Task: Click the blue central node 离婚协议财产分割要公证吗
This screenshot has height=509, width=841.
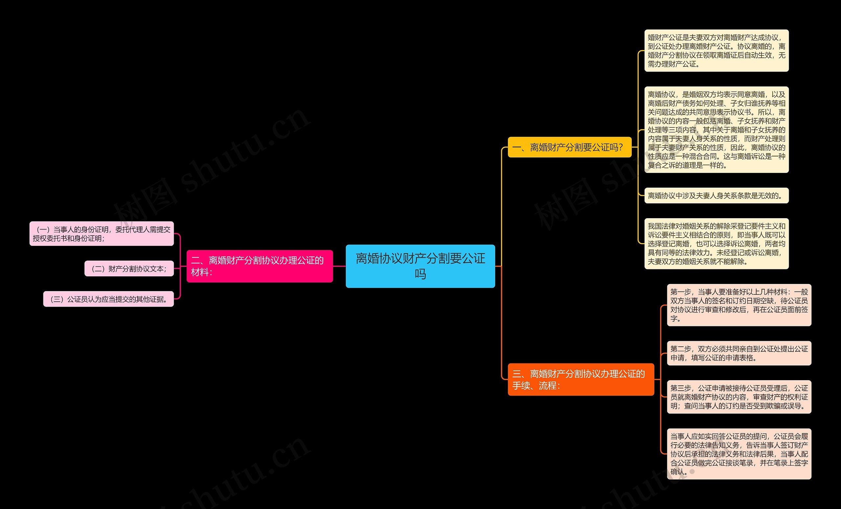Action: [x=420, y=266]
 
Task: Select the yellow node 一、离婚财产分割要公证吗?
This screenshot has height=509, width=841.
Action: [x=569, y=147]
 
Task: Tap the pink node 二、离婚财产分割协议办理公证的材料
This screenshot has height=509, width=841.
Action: [x=260, y=266]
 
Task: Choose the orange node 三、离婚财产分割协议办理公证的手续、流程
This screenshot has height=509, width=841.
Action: [x=580, y=379]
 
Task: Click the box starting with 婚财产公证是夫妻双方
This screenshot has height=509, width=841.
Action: [x=716, y=51]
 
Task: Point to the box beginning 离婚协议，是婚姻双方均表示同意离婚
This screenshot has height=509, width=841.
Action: [x=716, y=129]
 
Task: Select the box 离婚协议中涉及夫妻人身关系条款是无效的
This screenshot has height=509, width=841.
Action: [x=716, y=196]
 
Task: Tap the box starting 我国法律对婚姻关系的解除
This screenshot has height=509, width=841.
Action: [x=716, y=243]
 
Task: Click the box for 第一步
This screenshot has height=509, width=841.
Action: [x=739, y=305]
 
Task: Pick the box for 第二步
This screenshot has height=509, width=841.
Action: [x=739, y=353]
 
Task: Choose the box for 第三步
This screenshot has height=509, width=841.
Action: [x=739, y=397]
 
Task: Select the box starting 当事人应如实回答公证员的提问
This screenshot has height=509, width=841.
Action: [x=739, y=454]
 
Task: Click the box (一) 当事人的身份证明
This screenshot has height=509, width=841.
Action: [x=102, y=234]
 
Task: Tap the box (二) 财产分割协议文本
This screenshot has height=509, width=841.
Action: [x=129, y=269]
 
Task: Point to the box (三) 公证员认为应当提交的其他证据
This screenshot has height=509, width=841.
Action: [x=108, y=299]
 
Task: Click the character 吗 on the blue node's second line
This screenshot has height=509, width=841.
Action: [x=420, y=274]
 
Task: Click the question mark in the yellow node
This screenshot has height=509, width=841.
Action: [x=621, y=148]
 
